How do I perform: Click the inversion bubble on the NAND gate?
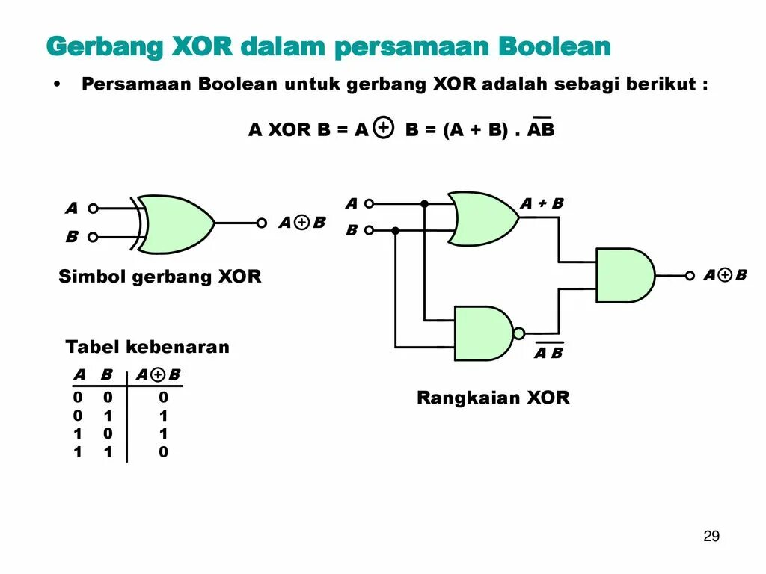[x=519, y=333]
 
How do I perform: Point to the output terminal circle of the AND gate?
[x=690, y=275]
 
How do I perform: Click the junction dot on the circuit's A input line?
[x=424, y=203]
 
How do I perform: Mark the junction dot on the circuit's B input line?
[x=396, y=231]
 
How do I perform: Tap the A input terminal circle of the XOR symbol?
[x=93, y=209]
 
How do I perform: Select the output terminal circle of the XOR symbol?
[x=262, y=223]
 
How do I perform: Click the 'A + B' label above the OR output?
[x=542, y=203]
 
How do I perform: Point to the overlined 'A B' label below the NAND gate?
[x=548, y=353]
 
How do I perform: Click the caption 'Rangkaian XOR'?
[x=493, y=398]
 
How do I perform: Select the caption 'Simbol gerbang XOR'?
[x=160, y=277]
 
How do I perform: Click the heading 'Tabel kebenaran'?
[x=147, y=347]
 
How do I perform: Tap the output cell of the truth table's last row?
[x=164, y=451]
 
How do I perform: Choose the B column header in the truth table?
[x=106, y=375]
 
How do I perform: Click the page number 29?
[x=711, y=536]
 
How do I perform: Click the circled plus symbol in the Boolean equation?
[x=382, y=129]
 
